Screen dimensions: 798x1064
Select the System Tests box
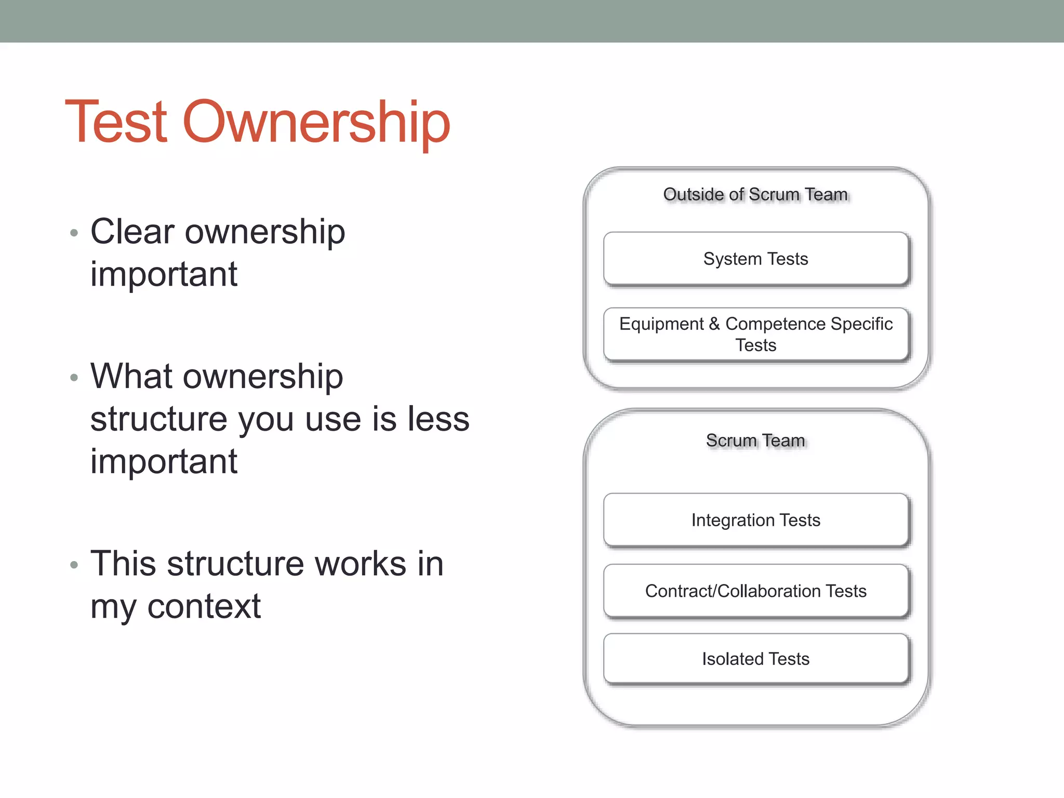pos(755,259)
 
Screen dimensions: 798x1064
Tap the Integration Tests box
pos(755,520)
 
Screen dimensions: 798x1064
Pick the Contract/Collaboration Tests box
pos(755,591)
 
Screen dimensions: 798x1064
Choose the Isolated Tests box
pos(755,659)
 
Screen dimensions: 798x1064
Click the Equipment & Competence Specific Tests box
pos(755,335)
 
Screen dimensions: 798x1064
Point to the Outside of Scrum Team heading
pos(755,194)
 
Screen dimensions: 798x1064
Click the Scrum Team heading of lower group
pos(755,441)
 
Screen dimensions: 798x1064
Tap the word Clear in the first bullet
pos(132,231)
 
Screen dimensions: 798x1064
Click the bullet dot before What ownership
pos(74,378)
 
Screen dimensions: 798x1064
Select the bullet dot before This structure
pos(74,565)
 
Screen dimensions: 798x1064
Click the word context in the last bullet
pos(204,607)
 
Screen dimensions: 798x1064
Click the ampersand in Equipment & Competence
pos(714,324)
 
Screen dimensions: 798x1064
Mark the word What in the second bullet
pos(131,376)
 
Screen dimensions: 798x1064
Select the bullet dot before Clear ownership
pos(74,233)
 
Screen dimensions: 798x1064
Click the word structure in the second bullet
pos(158,419)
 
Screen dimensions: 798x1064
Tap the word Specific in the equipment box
pos(861,324)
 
